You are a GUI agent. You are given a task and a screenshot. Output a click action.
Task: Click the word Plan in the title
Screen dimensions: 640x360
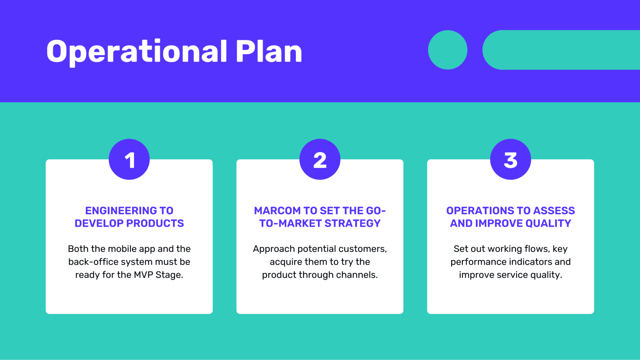(x=269, y=51)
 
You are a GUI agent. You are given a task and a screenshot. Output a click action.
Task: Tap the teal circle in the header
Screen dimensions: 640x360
(x=447, y=50)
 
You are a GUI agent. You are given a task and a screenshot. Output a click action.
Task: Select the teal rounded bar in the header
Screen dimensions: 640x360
(x=561, y=50)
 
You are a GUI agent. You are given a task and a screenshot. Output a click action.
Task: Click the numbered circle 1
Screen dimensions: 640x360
(x=129, y=159)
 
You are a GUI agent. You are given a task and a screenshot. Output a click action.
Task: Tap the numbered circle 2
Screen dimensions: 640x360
(x=320, y=159)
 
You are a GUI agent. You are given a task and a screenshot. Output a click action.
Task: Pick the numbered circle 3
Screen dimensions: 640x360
(x=511, y=159)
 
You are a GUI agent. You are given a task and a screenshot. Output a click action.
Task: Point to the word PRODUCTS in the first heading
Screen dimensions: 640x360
(x=155, y=223)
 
